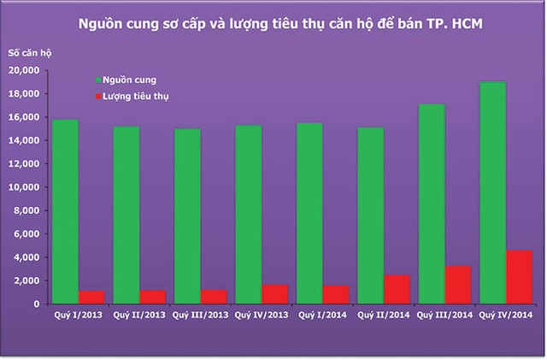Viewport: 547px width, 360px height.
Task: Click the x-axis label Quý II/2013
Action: pos(139,316)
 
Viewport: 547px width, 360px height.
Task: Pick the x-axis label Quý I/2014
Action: pos(322,316)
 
